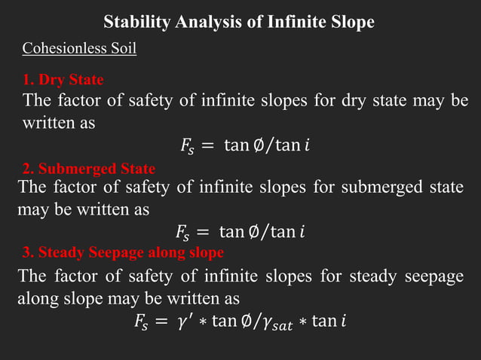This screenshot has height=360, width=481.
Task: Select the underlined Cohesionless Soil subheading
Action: click(79, 50)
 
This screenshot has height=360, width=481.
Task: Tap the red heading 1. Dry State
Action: click(63, 79)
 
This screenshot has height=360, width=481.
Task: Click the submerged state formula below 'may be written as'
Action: click(240, 230)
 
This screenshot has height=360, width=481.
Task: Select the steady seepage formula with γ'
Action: click(240, 322)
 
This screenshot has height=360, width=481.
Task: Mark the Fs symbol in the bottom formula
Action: click(142, 323)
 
